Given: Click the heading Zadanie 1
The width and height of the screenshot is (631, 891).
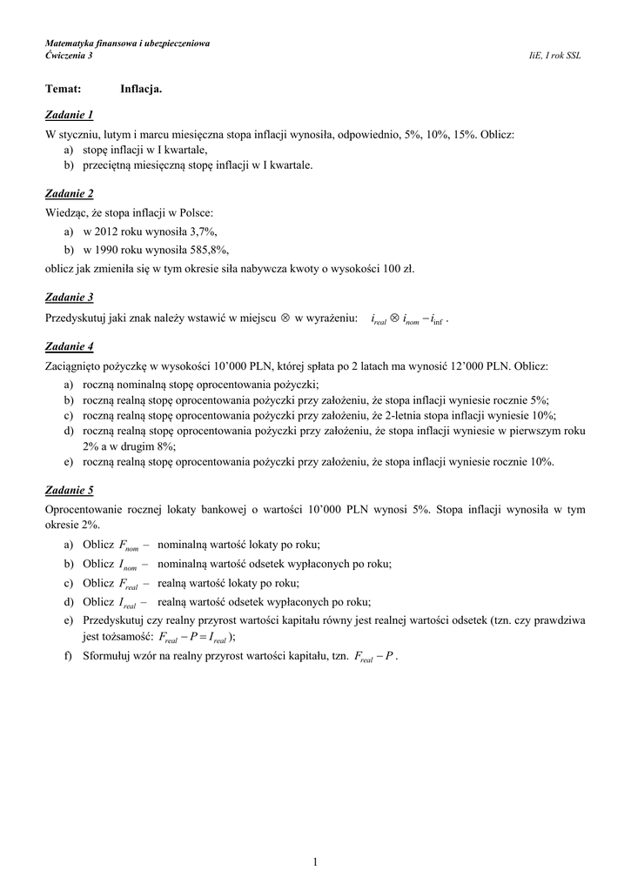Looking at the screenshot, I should (70, 115).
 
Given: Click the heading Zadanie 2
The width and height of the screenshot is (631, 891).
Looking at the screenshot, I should (70, 193).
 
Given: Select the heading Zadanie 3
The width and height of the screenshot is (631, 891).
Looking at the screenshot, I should (70, 297).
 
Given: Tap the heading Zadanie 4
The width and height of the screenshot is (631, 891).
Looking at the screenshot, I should (70, 345).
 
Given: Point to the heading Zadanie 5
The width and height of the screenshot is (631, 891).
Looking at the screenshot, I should (70, 490).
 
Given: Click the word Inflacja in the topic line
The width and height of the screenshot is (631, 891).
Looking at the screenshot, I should (141, 89).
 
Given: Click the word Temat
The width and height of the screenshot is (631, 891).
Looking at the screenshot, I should (64, 89).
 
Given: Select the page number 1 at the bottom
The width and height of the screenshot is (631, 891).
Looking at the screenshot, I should (315, 862).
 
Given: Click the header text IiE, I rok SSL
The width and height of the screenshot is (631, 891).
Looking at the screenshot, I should (555, 56).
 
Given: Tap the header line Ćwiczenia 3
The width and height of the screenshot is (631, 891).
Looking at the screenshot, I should (69, 56).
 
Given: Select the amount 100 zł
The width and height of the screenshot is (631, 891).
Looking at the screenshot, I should (401, 269).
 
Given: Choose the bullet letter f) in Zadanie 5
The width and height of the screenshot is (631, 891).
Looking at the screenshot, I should (68, 655).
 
